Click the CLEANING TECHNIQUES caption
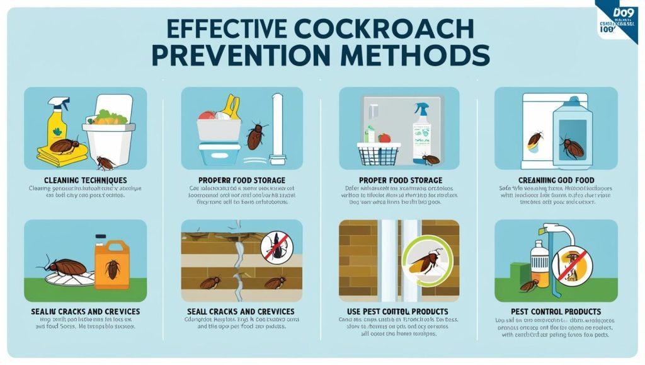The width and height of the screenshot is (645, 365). (85, 180)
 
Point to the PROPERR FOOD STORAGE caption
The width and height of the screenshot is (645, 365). (242, 180)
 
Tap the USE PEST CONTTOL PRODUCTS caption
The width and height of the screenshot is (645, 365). (399, 311)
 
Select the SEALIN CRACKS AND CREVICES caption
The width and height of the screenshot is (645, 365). (85, 311)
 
